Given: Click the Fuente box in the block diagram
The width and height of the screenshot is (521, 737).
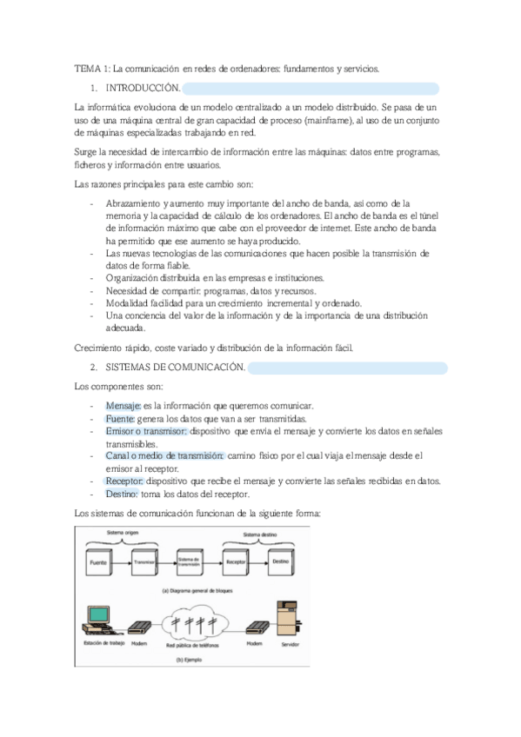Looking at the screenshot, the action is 99,562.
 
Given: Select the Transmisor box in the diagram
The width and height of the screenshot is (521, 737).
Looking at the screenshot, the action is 144,562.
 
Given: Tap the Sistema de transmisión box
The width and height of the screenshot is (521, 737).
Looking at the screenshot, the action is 190,562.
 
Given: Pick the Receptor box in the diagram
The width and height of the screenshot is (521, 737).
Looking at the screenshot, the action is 236,562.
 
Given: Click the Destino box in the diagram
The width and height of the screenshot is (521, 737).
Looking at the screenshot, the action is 280,562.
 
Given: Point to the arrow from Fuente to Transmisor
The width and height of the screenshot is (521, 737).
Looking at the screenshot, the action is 122,562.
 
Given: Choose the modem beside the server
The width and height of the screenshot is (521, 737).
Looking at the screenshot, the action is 253,627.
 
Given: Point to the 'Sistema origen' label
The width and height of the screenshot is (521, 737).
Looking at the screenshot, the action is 122,531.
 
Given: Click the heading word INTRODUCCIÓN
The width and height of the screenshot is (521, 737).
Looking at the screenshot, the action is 143,88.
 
